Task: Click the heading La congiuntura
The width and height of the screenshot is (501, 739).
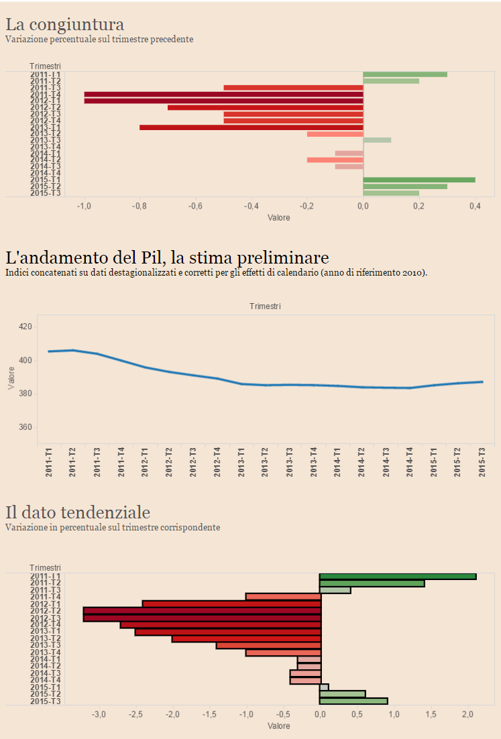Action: pyautogui.click(x=65, y=25)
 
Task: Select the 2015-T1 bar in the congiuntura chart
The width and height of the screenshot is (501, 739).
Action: pyautogui.click(x=419, y=180)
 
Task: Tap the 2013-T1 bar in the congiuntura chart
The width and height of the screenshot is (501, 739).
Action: pyautogui.click(x=251, y=127)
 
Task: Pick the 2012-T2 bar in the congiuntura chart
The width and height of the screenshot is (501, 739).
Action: pyautogui.click(x=265, y=107)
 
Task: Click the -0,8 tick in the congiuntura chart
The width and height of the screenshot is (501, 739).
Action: pyautogui.click(x=139, y=207)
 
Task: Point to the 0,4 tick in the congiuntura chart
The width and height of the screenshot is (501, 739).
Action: pyautogui.click(x=475, y=207)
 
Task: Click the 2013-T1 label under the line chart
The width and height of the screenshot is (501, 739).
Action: pyautogui.click(x=241, y=463)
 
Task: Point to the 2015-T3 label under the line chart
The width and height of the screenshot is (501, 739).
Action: pyautogui.click(x=482, y=463)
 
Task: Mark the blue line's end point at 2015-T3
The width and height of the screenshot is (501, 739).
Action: pyautogui.click(x=482, y=382)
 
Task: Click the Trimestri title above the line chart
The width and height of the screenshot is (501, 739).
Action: pyautogui.click(x=265, y=306)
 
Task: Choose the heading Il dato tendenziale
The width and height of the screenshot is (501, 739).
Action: pyautogui.click(x=78, y=513)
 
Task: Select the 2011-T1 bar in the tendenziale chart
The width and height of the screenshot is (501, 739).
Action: pyautogui.click(x=398, y=576)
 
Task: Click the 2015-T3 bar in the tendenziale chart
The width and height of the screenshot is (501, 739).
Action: pyautogui.click(x=353, y=701)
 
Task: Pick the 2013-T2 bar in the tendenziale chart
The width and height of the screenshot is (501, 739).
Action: pyautogui.click(x=246, y=638)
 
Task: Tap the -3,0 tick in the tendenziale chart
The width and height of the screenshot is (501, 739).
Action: pyautogui.click(x=99, y=715)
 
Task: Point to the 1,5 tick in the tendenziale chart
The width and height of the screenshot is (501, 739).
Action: pyautogui.click(x=431, y=715)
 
